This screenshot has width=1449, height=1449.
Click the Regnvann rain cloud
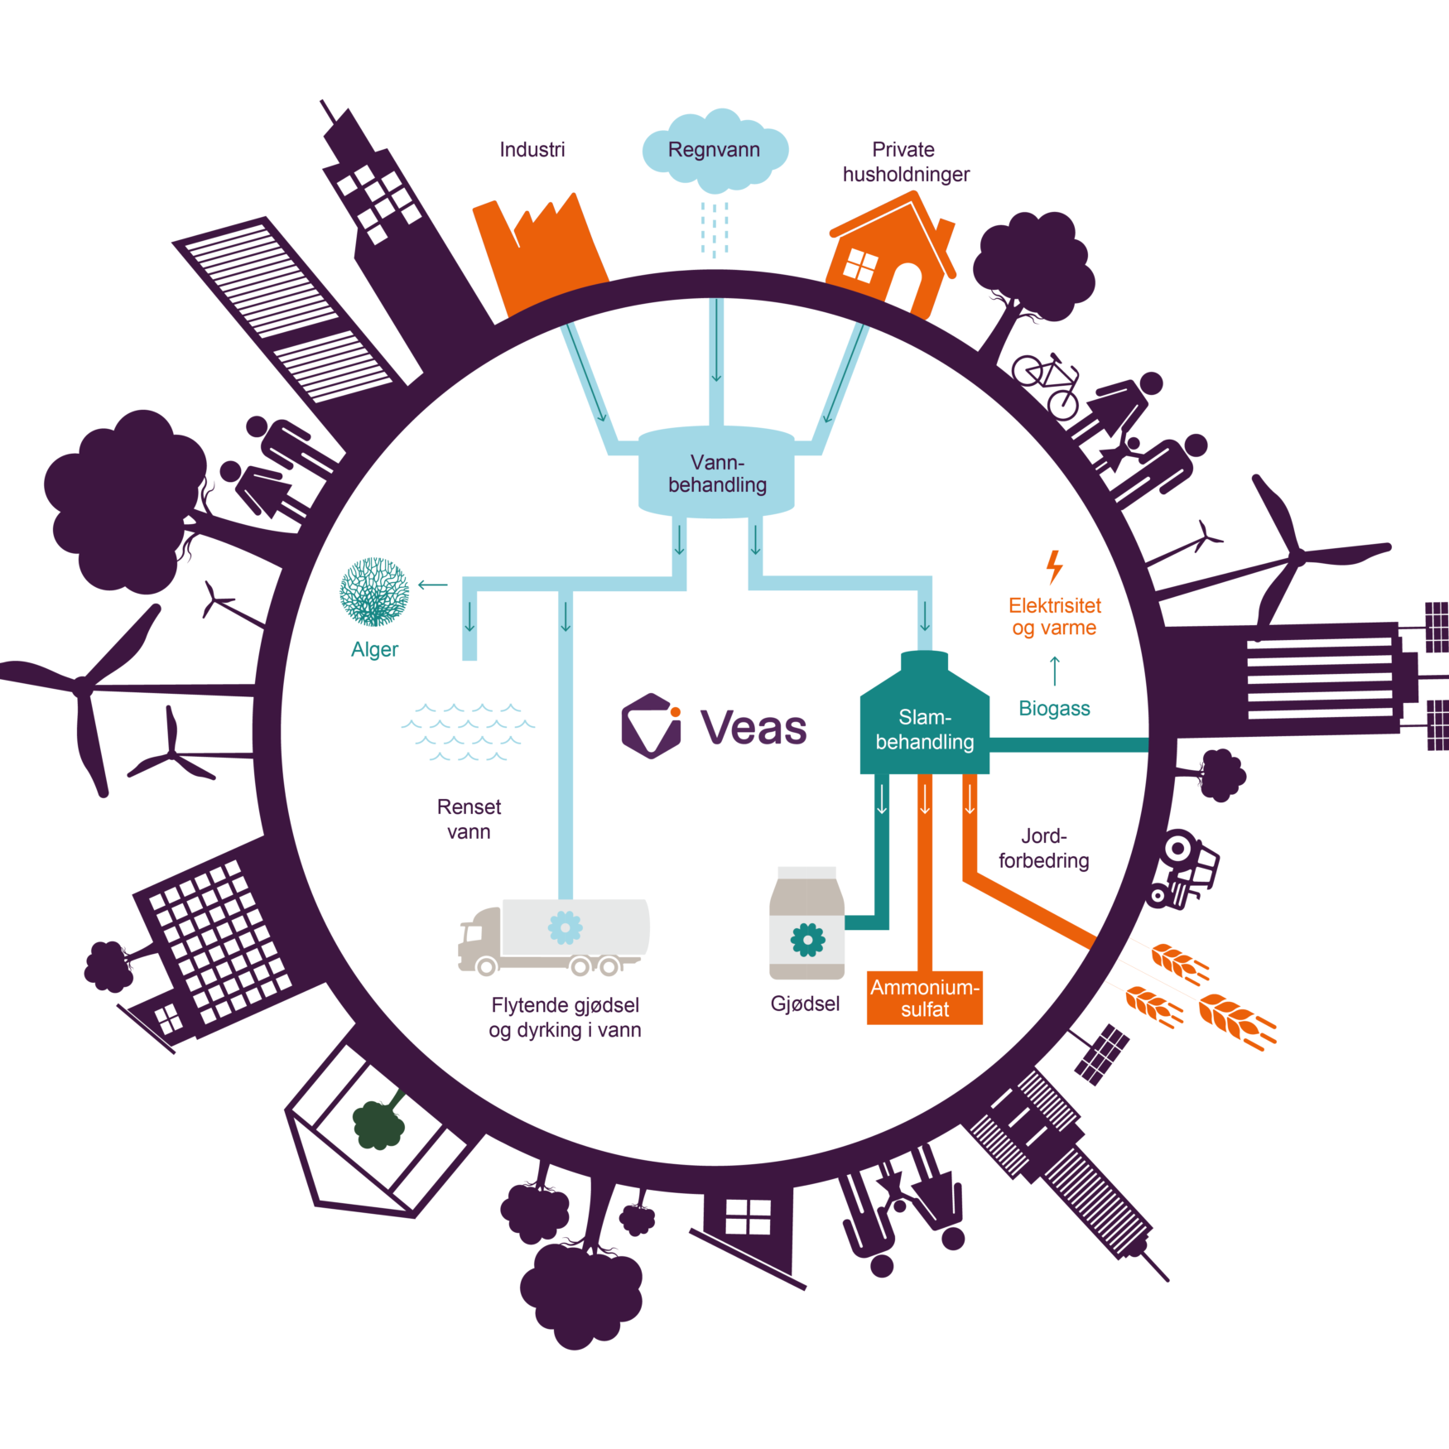[x=715, y=150]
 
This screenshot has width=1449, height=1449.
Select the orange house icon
[x=893, y=253]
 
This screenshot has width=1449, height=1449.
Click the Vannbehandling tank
[x=716, y=472]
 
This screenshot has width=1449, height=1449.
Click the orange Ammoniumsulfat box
[x=925, y=998]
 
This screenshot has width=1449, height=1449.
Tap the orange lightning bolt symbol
[x=1054, y=567]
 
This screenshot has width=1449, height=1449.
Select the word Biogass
[x=1054, y=709]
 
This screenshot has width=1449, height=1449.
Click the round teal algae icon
[x=374, y=590]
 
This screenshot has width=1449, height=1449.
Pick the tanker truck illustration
[x=554, y=936]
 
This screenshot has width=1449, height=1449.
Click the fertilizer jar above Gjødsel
[x=807, y=923]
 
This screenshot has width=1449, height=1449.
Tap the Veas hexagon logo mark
[x=652, y=726]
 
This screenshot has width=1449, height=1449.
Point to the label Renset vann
[x=469, y=819]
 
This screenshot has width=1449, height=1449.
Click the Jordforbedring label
[x=1044, y=848]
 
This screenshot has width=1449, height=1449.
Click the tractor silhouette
[x=1182, y=869]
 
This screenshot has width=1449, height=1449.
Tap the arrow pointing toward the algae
[x=433, y=585]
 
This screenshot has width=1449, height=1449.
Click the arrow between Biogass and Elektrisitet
[x=1055, y=671]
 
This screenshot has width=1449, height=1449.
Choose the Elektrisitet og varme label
[x=1054, y=617]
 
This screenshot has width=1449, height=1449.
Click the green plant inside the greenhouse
[x=380, y=1121]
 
